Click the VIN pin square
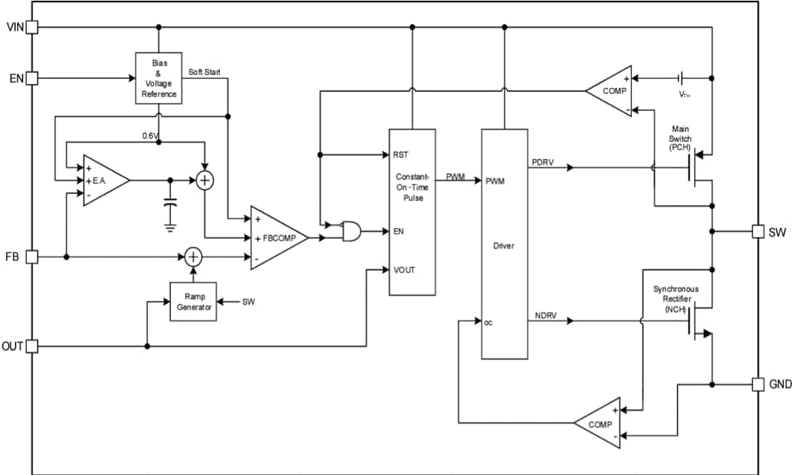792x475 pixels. [32, 28]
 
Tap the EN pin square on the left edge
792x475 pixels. [32, 78]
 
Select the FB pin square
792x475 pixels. [32, 256]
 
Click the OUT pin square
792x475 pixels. [32, 346]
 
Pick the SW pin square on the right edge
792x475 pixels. [759, 232]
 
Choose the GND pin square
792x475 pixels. [759, 384]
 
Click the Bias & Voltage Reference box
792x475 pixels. [158, 78]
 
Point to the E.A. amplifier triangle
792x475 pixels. [103, 180]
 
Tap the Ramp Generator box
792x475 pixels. [193, 302]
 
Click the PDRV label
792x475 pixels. [543, 161]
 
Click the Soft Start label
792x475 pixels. [204, 72]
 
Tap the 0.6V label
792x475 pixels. [150, 135]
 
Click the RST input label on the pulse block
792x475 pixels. [400, 154]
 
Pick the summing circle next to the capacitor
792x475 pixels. [205, 180]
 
